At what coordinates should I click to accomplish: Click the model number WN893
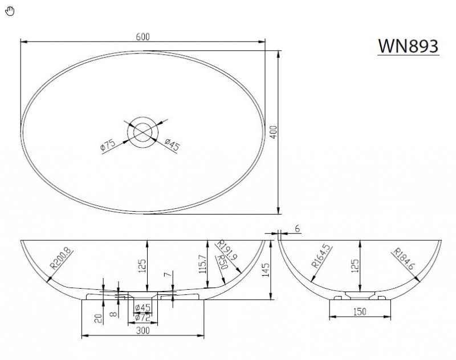tap(408, 46)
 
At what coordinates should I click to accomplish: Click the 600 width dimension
tap(143, 37)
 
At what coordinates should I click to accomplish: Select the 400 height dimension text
tap(274, 132)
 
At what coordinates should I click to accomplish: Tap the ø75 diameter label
tap(108, 145)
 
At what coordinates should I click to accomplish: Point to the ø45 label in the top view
tap(172, 144)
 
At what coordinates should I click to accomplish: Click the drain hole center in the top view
tap(142, 132)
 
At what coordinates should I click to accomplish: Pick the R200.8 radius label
tap(60, 258)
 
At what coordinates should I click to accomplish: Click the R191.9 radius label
tap(227, 250)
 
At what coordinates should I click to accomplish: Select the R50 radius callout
tap(223, 261)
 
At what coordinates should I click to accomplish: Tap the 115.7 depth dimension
tap(203, 264)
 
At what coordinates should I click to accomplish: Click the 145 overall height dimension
tap(266, 270)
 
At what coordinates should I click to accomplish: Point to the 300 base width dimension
tap(143, 330)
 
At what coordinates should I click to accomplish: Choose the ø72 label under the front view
tap(142, 318)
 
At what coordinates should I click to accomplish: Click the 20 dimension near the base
tap(99, 318)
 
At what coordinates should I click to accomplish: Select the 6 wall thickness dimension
tap(297, 229)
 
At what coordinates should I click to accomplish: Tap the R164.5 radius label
tap(321, 256)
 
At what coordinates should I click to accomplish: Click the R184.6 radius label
tap(404, 258)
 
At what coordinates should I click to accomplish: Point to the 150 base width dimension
tap(360, 312)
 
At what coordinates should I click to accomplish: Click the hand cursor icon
tap(10, 11)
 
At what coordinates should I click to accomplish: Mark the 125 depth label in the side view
tap(355, 266)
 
